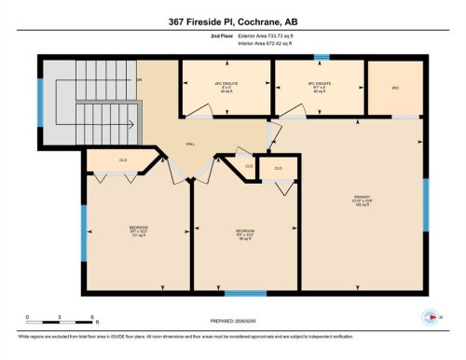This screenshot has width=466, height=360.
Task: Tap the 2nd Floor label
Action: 222,35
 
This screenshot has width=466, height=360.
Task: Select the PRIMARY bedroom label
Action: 362,199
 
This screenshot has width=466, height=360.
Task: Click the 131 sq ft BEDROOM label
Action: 140,229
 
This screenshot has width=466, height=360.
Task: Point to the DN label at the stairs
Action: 140,80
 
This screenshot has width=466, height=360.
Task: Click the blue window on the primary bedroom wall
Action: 426,205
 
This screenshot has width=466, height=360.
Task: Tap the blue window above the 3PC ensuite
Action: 321,57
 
